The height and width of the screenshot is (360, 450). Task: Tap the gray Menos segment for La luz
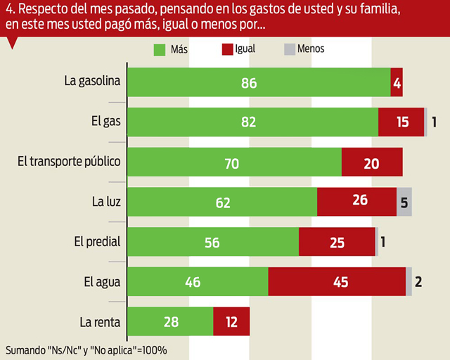point(404,202)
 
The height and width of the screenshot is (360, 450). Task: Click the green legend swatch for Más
point(159,50)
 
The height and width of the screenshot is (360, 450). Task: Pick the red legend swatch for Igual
point(227,50)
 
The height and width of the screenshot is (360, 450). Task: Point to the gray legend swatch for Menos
point(289,50)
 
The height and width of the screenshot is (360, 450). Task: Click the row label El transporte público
point(69,161)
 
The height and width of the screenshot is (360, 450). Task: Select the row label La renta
point(100,323)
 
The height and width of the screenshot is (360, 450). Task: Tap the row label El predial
point(97,242)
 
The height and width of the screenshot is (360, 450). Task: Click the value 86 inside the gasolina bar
point(249,83)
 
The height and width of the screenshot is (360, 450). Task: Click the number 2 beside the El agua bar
point(418,283)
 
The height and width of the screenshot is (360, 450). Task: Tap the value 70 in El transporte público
point(231,164)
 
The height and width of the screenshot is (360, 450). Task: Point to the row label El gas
point(105,121)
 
